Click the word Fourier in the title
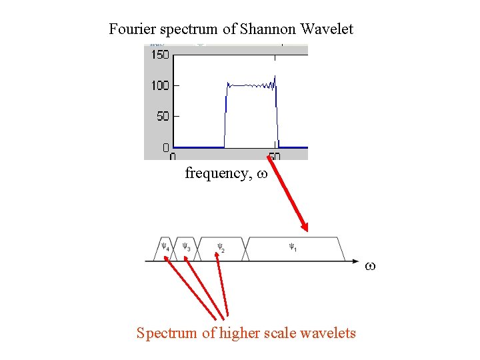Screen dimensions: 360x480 point(130,29)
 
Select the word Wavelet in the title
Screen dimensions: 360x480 point(327,29)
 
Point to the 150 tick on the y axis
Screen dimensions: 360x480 point(160,55)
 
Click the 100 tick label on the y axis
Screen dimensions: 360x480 point(160,85)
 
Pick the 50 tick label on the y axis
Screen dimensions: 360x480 point(163,116)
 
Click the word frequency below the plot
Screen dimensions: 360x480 point(217,173)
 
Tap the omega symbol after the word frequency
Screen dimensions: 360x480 point(262,174)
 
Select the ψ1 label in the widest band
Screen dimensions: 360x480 point(293,247)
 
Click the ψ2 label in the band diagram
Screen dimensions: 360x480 point(221,247)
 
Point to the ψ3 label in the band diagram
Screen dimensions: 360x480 point(187,247)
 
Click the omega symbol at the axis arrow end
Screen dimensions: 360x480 point(371,266)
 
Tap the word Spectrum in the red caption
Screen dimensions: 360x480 point(167,333)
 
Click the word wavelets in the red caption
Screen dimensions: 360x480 point(328,333)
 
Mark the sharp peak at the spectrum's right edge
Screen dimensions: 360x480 point(275,76)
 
